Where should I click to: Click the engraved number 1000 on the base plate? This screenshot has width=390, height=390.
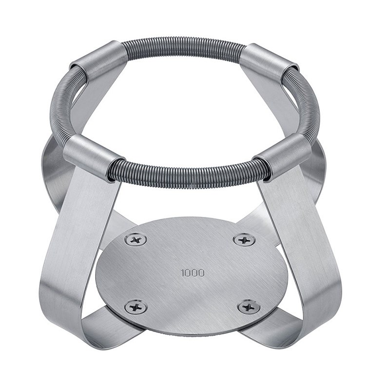pos(193,273)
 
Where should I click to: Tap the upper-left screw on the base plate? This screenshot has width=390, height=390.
pos(136,240)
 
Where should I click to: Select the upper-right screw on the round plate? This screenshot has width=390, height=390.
pos(244,240)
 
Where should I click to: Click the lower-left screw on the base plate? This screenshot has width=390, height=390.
pos(136,307)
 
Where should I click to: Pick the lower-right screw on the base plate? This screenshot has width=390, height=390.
pos(249,307)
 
